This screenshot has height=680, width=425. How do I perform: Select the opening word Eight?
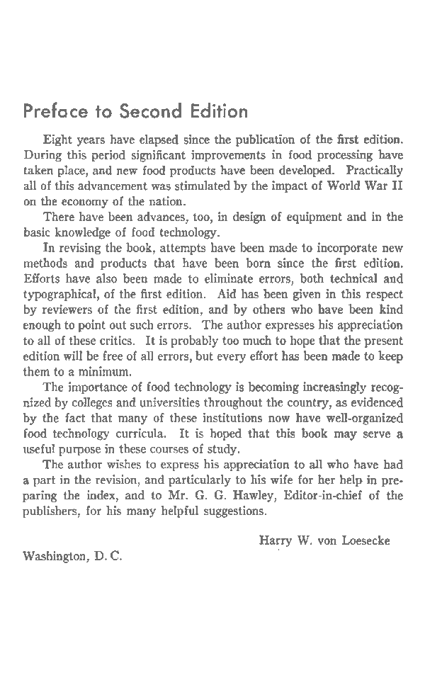(57, 140)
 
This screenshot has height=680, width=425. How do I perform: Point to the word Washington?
(54, 556)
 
